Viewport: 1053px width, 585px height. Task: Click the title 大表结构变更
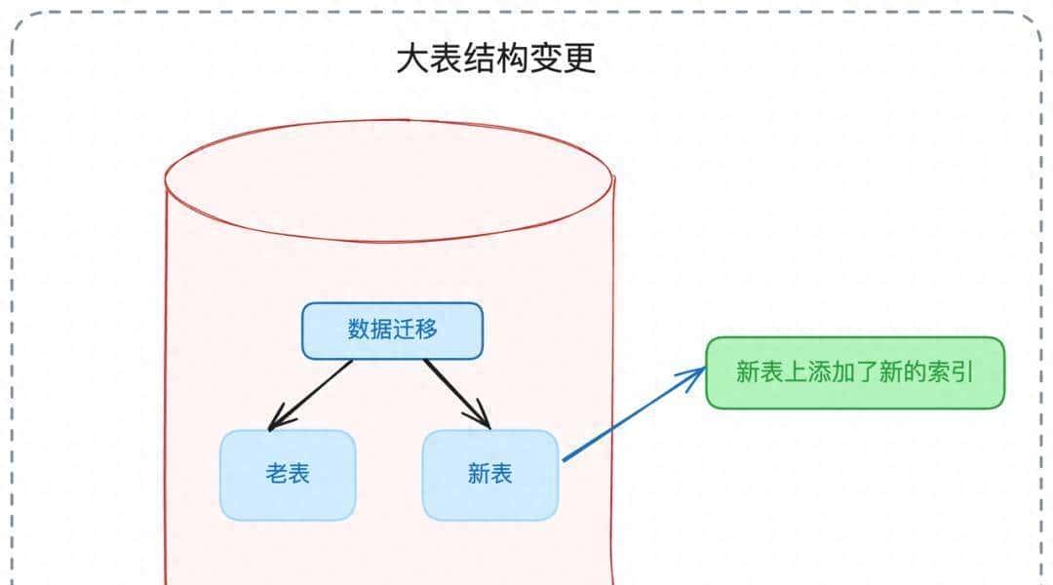coord(495,59)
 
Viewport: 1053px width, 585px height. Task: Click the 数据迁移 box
coord(392,331)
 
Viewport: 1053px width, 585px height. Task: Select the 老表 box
coord(288,475)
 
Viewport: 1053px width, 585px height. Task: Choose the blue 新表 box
coord(490,475)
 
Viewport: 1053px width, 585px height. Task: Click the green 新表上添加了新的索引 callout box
coord(854,372)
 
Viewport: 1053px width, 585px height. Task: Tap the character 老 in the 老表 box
coord(276,475)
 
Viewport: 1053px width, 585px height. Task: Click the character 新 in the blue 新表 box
coord(479,475)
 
